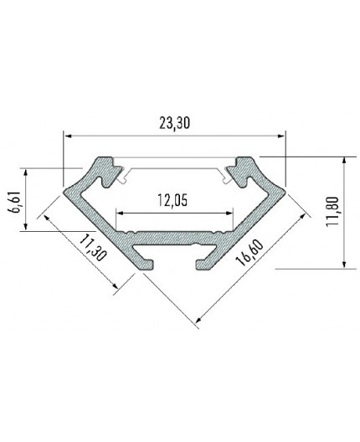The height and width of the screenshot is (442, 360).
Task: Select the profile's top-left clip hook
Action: (108, 167)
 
